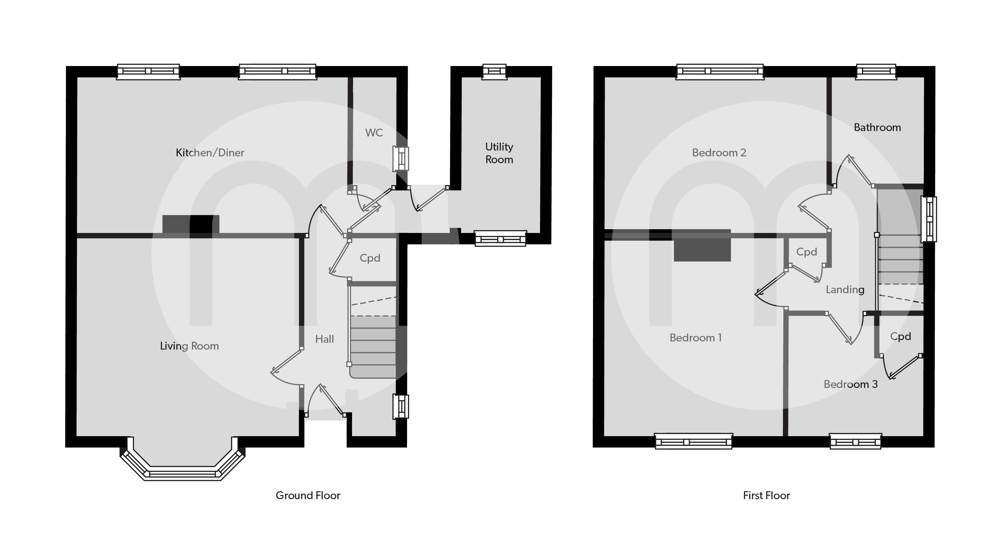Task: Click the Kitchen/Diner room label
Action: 210,153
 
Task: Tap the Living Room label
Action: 189,346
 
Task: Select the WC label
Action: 374,133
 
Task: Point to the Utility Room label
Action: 499,153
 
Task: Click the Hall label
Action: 324,339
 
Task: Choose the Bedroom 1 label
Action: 695,338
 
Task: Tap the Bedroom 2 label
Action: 719,153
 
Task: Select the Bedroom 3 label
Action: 850,384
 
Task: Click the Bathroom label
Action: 877,127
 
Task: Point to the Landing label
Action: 845,290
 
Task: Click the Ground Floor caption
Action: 308,495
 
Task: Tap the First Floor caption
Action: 766,495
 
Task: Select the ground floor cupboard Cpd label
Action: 369,258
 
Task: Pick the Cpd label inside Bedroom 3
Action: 900,337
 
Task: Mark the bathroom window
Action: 876,71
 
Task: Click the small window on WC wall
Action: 401,158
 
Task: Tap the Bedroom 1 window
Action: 693,441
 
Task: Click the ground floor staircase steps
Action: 373,347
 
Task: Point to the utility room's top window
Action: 494,71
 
